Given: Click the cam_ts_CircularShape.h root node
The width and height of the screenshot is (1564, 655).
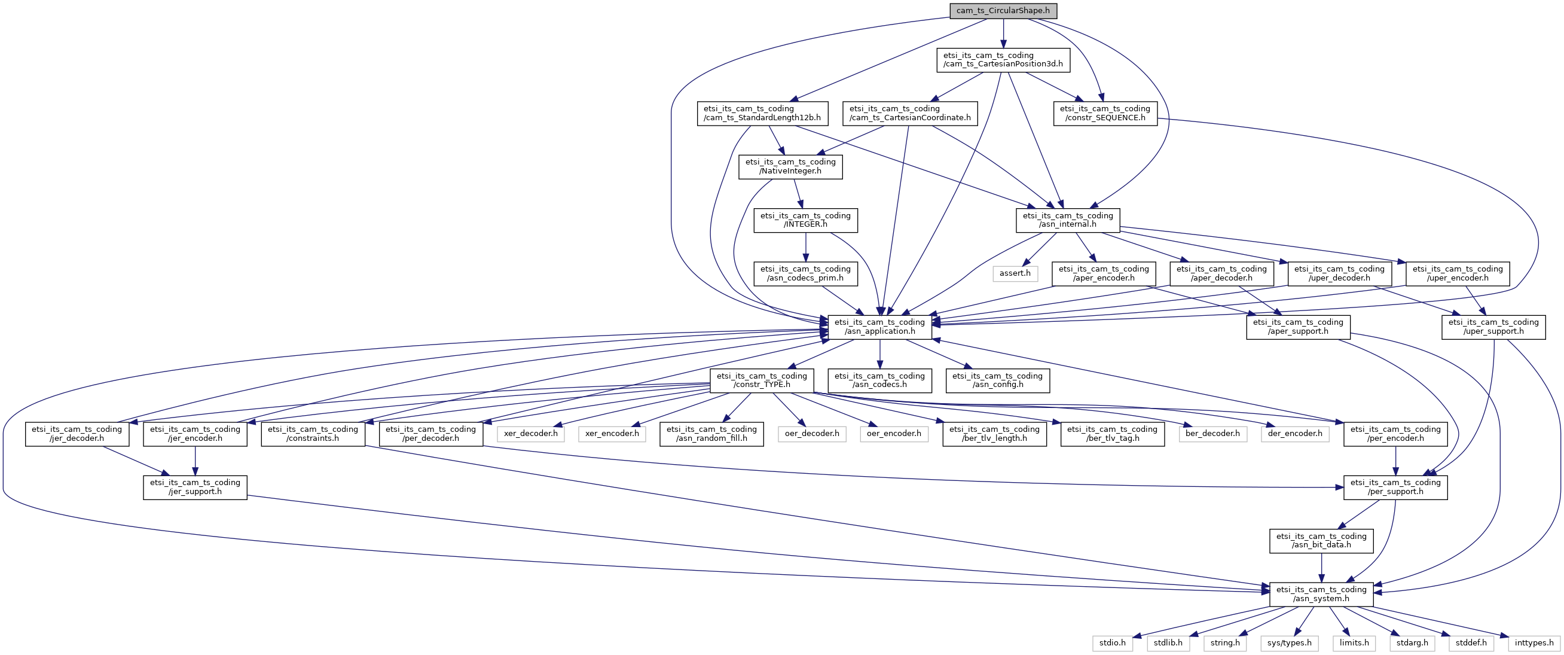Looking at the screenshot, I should pyautogui.click(x=1003, y=10).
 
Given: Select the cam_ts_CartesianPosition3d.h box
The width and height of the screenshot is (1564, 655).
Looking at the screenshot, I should pyautogui.click(x=1003, y=60).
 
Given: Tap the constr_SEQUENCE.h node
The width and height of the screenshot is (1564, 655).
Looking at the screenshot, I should pyautogui.click(x=1105, y=113).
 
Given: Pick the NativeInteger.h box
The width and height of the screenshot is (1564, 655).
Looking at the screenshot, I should pyautogui.click(x=790, y=166).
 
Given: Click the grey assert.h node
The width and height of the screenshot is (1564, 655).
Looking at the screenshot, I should pyautogui.click(x=1015, y=273).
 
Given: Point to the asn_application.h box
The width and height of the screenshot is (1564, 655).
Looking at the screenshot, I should pyautogui.click(x=880, y=327).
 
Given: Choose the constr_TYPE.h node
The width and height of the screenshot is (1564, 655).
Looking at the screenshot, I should pyautogui.click(x=762, y=380).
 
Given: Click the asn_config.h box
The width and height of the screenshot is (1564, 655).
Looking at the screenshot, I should pyautogui.click(x=998, y=380).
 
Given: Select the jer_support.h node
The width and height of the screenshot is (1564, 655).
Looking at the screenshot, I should pyautogui.click(x=195, y=488).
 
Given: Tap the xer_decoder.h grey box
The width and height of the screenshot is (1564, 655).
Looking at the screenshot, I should pyautogui.click(x=531, y=434).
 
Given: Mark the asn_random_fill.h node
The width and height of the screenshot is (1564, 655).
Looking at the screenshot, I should pyautogui.click(x=711, y=434).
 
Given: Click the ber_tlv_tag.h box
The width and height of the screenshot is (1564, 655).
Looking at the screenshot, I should pyautogui.click(x=1112, y=434).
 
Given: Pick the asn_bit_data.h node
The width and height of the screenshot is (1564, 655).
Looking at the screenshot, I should pyautogui.click(x=1321, y=541).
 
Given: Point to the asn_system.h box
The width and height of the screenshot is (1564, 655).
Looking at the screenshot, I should pyautogui.click(x=1321, y=594).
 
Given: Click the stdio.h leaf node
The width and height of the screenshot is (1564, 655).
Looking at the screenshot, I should pyautogui.click(x=1112, y=643).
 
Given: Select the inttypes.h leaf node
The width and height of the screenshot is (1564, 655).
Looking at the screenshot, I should pyautogui.click(x=1534, y=643).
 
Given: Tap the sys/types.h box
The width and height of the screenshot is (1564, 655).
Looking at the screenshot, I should pyautogui.click(x=1290, y=643).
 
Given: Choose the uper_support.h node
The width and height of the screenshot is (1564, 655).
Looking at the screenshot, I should pyautogui.click(x=1493, y=327).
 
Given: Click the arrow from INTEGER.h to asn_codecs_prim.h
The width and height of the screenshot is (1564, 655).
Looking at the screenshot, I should pyautogui.click(x=806, y=247).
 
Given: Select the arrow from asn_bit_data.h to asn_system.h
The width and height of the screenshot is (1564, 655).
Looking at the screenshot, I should pyautogui.click(x=1321, y=568).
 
